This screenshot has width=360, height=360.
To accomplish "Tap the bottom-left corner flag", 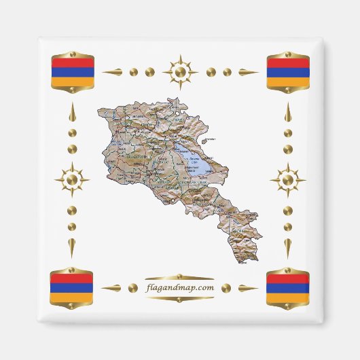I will tap(72, 287).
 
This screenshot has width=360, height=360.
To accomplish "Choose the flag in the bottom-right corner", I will tap(288, 287).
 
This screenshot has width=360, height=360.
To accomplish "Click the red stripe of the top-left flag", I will tap(72, 62).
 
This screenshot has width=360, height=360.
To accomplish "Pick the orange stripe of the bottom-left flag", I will tap(72, 297).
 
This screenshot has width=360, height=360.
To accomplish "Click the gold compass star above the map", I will tap(180, 71).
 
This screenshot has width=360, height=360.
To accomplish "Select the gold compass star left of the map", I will tap(72, 180).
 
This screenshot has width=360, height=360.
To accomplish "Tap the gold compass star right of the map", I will tap(288, 180).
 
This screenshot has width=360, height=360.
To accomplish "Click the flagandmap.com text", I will tap(180, 288).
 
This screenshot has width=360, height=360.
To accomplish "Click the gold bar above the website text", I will tap(180, 277).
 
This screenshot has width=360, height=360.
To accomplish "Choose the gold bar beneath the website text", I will tap(180, 299).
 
